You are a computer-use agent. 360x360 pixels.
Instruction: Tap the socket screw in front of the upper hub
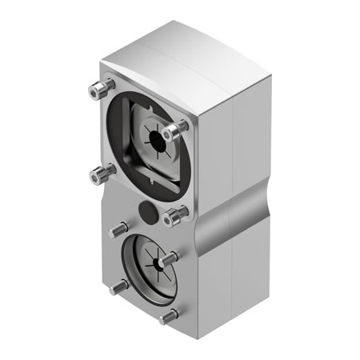tap(173, 130)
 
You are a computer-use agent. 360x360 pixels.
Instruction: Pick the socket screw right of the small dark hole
tap(174, 216)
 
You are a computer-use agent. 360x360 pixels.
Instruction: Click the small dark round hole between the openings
tap(147, 210)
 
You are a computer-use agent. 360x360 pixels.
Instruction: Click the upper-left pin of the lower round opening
tap(118, 230)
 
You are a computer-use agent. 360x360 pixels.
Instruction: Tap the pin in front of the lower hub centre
tap(166, 260)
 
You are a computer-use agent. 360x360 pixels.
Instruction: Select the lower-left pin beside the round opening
tap(119, 286)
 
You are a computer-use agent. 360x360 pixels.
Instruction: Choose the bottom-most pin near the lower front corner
tap(168, 316)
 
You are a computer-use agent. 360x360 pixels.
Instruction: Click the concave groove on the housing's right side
tap(232, 210)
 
